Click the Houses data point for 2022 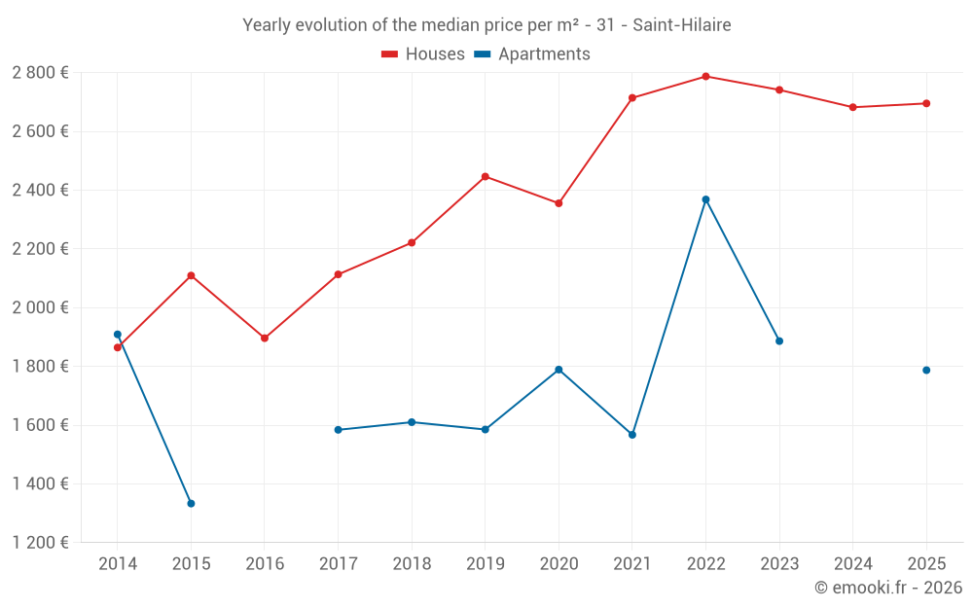(x=705, y=76)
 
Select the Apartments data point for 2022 (x=705, y=199)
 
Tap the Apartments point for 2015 (x=191, y=503)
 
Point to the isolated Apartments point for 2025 (x=926, y=370)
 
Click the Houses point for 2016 (x=265, y=338)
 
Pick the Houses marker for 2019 (x=486, y=176)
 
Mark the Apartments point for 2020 (x=559, y=370)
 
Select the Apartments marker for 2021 (x=632, y=434)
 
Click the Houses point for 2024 (x=853, y=107)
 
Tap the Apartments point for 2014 (x=118, y=335)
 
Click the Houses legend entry (x=423, y=54)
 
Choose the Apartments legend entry (x=532, y=54)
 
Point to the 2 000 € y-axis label (x=40, y=307)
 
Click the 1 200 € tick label (x=40, y=543)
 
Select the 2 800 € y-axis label (x=40, y=73)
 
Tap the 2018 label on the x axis (x=412, y=564)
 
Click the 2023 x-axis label (x=779, y=564)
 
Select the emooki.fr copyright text (x=887, y=588)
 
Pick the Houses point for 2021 (x=632, y=97)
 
